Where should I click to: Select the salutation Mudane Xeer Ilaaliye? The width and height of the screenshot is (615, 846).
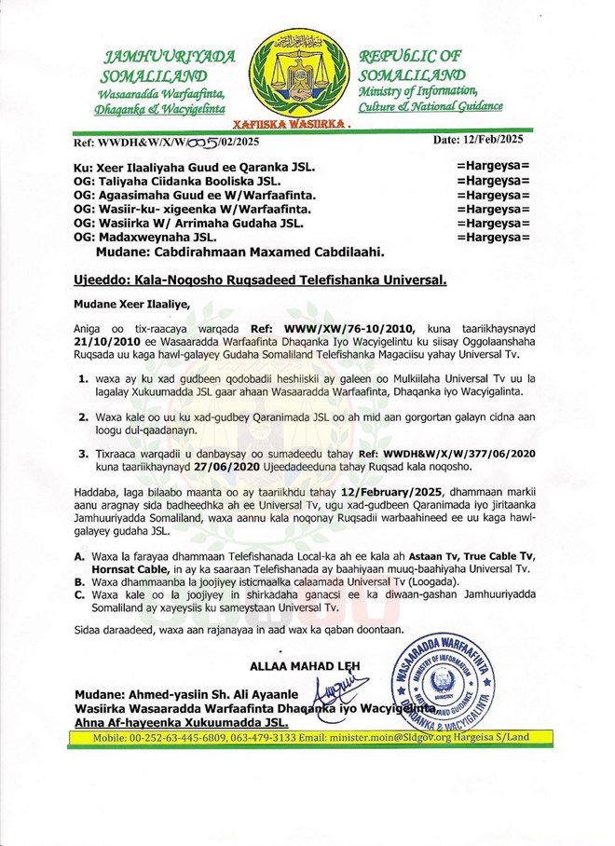(130, 303)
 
